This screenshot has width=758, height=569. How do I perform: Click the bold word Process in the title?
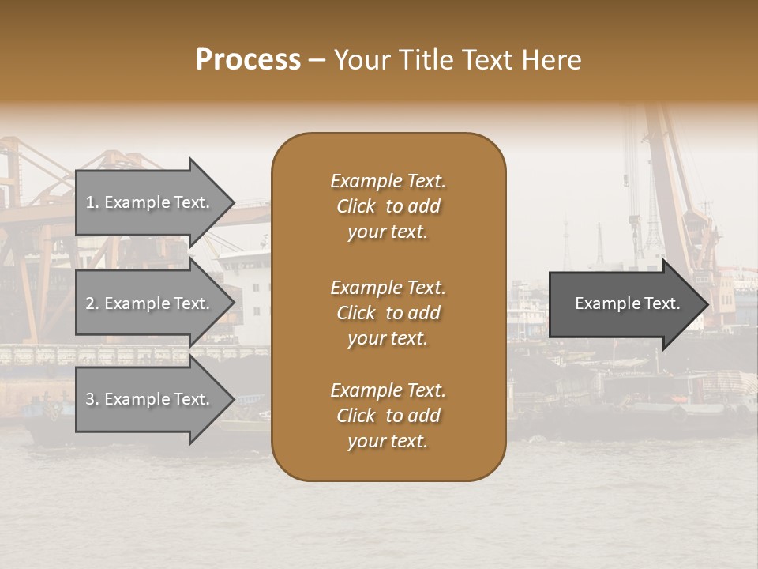(248, 60)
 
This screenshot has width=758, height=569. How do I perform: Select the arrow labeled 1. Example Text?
(150, 202)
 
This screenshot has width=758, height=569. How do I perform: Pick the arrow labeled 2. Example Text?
(150, 303)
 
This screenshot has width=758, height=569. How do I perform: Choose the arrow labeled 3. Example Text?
(150, 399)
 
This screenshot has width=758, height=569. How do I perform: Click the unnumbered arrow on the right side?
(624, 303)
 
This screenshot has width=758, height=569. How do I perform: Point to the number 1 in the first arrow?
(90, 202)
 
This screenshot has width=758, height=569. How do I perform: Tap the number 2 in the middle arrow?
(90, 303)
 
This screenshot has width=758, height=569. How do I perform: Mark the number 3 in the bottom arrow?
(90, 399)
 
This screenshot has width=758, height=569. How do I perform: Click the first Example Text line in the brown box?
(388, 181)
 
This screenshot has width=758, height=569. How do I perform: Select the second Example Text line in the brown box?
(388, 288)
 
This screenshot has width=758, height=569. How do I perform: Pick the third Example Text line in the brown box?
(388, 390)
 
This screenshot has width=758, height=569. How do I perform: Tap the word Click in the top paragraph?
(356, 206)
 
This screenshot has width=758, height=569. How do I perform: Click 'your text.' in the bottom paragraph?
(388, 441)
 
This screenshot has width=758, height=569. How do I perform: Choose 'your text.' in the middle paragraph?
(388, 338)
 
